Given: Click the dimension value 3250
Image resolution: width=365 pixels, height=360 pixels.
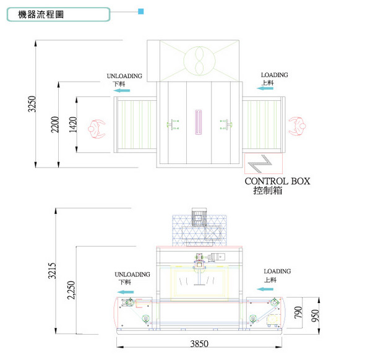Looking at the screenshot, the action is pyautogui.click(x=32, y=104).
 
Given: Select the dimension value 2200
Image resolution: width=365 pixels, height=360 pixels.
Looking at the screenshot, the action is pyautogui.click(x=55, y=124).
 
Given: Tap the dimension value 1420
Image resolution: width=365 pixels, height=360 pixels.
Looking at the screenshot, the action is pyautogui.click(x=73, y=124).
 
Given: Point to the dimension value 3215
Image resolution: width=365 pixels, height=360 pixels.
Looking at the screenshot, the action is pyautogui.click(x=52, y=271).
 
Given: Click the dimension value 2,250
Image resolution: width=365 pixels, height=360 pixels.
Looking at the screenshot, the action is pyautogui.click(x=71, y=290).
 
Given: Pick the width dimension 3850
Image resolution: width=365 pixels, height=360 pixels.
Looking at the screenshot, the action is pyautogui.click(x=199, y=344).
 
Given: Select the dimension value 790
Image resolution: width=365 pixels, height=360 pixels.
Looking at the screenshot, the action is pyautogui.click(x=298, y=312).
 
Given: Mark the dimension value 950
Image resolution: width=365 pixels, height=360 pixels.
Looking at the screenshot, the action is pyautogui.click(x=315, y=315).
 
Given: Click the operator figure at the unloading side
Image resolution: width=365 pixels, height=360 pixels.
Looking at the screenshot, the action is pyautogui.click(x=97, y=129).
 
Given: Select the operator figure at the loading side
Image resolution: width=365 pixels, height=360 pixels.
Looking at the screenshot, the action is pyautogui.click(x=298, y=126).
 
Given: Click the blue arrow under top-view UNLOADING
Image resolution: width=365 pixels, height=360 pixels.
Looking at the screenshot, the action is pyautogui.click(x=121, y=90).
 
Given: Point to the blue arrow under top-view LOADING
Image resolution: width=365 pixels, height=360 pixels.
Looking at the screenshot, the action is pyautogui.click(x=265, y=88).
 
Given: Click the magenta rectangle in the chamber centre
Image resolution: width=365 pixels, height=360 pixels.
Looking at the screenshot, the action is pyautogui.click(x=199, y=122).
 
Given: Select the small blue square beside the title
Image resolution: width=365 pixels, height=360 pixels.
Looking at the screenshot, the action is pyautogui.click(x=141, y=11).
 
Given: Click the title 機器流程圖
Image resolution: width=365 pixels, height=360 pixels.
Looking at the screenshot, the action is pyautogui.click(x=41, y=14).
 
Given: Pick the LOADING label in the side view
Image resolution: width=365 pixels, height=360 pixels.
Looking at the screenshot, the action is pyautogui.click(x=277, y=271).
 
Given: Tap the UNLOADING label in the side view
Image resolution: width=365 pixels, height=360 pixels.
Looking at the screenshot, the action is pyautogui.click(x=132, y=275).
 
